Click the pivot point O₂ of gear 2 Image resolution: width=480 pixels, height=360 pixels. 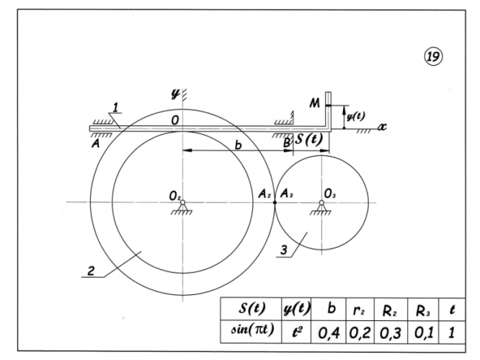(183, 202)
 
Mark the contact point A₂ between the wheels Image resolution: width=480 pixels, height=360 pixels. (275, 202)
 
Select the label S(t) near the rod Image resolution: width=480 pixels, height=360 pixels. (308, 140)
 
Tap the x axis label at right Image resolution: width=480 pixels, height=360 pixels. (383, 126)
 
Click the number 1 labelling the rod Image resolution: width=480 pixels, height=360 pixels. (116, 110)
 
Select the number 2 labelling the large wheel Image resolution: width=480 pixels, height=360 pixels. (92, 273)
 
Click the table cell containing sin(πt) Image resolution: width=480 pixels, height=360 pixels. (248, 335)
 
